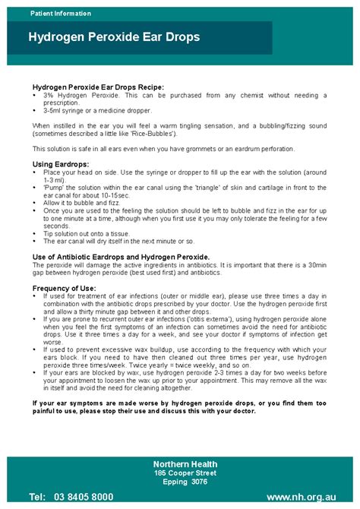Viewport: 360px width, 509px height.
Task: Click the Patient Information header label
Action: coord(61,14)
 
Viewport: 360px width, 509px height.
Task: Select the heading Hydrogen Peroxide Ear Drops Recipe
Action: coord(98,87)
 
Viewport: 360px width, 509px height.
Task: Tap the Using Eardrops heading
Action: coord(61,164)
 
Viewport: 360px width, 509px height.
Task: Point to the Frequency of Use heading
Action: coord(65,288)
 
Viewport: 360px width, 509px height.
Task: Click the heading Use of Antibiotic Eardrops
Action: coord(122,257)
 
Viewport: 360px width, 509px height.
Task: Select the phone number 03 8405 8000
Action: coord(84,496)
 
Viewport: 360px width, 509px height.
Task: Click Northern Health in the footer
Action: coord(185,464)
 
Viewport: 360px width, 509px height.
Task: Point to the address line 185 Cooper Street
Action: coord(185,473)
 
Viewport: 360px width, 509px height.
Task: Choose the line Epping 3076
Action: coord(185,481)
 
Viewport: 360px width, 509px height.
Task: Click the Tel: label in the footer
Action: coord(36,496)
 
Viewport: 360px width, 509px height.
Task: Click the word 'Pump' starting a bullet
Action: coord(55,185)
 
